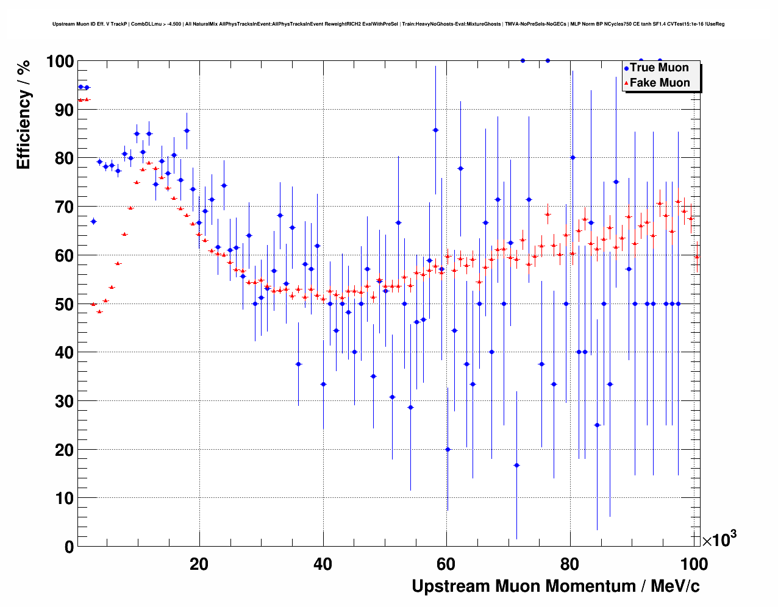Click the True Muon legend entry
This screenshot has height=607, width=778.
click(x=658, y=68)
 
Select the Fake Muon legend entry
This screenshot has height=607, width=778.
click(x=659, y=83)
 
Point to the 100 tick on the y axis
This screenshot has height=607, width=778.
click(x=60, y=62)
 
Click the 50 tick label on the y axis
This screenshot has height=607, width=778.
click(x=64, y=304)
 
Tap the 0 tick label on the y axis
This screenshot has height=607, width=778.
click(x=68, y=547)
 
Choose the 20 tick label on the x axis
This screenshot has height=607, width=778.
click(x=199, y=564)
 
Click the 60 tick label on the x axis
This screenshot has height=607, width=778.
click(x=446, y=564)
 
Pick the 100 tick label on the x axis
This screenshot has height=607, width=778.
click(x=694, y=564)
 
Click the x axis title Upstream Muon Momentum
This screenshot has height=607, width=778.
click(x=555, y=586)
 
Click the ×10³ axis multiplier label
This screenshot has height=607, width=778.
click(x=719, y=539)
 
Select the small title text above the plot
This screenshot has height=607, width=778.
click(x=388, y=24)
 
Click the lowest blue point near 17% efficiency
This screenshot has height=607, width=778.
click(x=516, y=465)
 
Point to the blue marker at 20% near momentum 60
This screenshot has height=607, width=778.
click(x=448, y=449)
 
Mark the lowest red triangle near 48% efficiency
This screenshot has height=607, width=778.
click(x=99, y=311)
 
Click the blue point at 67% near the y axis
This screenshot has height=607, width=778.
click(x=93, y=221)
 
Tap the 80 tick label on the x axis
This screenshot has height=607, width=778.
click(x=570, y=564)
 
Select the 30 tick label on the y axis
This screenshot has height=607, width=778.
click(x=64, y=401)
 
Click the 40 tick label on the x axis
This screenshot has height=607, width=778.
click(x=323, y=564)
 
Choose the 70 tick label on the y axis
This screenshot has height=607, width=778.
click(x=64, y=207)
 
